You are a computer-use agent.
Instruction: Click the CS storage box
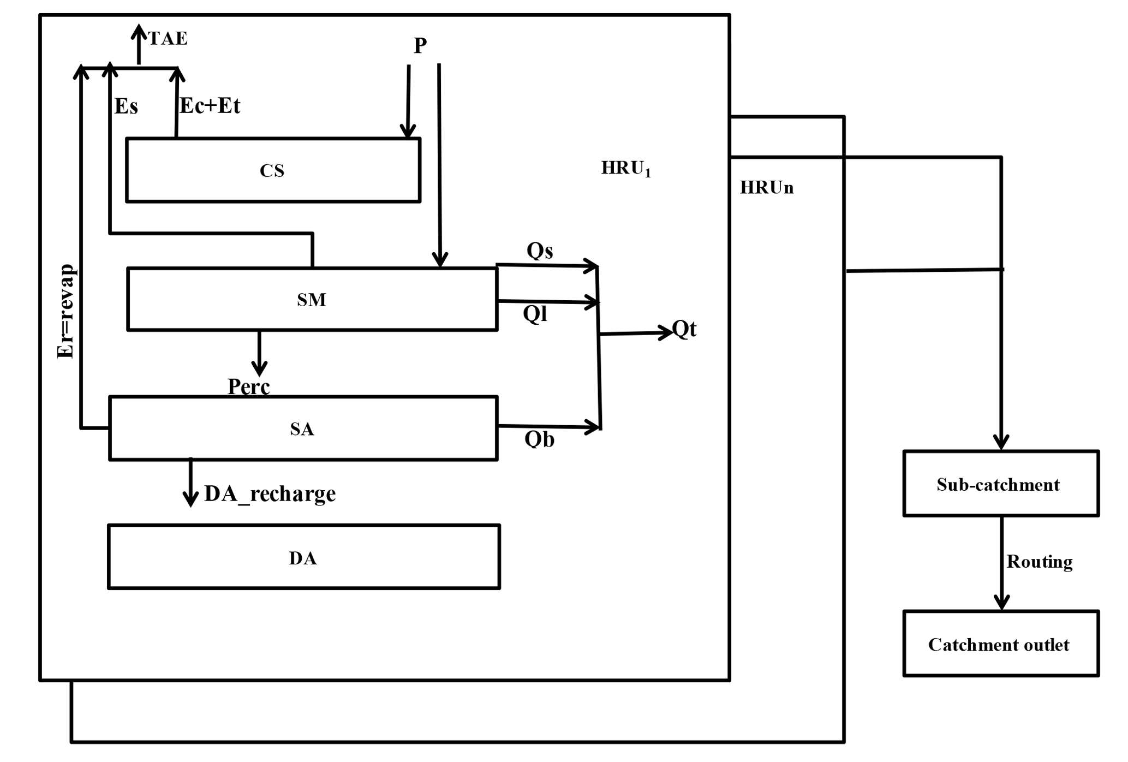click(x=273, y=170)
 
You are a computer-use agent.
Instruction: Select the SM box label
click(x=312, y=300)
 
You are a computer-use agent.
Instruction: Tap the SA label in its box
click(x=302, y=429)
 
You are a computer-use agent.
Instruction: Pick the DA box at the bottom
click(x=303, y=557)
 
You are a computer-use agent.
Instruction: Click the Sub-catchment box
click(x=1000, y=484)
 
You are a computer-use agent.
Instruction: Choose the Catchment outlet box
click(x=1000, y=644)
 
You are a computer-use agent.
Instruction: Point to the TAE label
click(x=168, y=39)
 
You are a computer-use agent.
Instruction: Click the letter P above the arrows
click(x=420, y=45)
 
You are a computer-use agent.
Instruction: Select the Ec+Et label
click(x=210, y=106)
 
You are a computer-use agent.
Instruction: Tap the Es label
click(x=126, y=106)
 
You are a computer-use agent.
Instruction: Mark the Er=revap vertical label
click(x=65, y=311)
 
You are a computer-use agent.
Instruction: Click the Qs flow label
click(x=540, y=251)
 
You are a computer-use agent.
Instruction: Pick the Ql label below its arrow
click(x=535, y=314)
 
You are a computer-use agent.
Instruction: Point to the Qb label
click(x=539, y=439)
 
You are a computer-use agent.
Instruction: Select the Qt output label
click(x=684, y=329)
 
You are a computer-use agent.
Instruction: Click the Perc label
click(x=248, y=386)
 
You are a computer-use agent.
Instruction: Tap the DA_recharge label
click(x=270, y=494)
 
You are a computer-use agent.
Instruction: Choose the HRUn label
click(x=766, y=188)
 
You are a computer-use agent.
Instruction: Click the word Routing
click(x=1039, y=562)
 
